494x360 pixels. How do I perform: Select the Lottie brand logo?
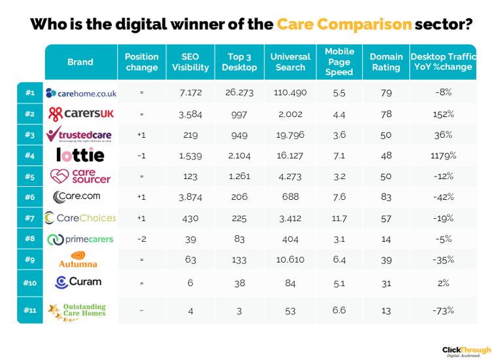(80, 155)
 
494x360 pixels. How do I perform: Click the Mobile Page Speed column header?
(339, 61)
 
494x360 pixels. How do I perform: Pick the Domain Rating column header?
(386, 61)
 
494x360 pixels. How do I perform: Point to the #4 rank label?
(30, 155)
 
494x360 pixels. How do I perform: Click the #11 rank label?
(30, 310)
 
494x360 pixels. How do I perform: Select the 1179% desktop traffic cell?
(443, 155)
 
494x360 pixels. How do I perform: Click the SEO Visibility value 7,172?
(190, 93)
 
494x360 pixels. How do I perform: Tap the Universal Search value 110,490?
(290, 93)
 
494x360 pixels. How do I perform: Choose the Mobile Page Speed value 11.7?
(339, 218)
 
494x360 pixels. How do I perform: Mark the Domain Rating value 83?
(386, 197)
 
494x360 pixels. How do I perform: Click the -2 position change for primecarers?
(141, 239)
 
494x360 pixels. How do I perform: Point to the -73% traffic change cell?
(443, 310)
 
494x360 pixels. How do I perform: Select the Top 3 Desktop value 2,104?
(239, 155)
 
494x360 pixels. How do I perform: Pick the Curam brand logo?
(79, 282)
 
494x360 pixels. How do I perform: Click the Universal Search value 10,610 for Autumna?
(290, 260)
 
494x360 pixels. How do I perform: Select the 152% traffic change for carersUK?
(443, 114)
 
